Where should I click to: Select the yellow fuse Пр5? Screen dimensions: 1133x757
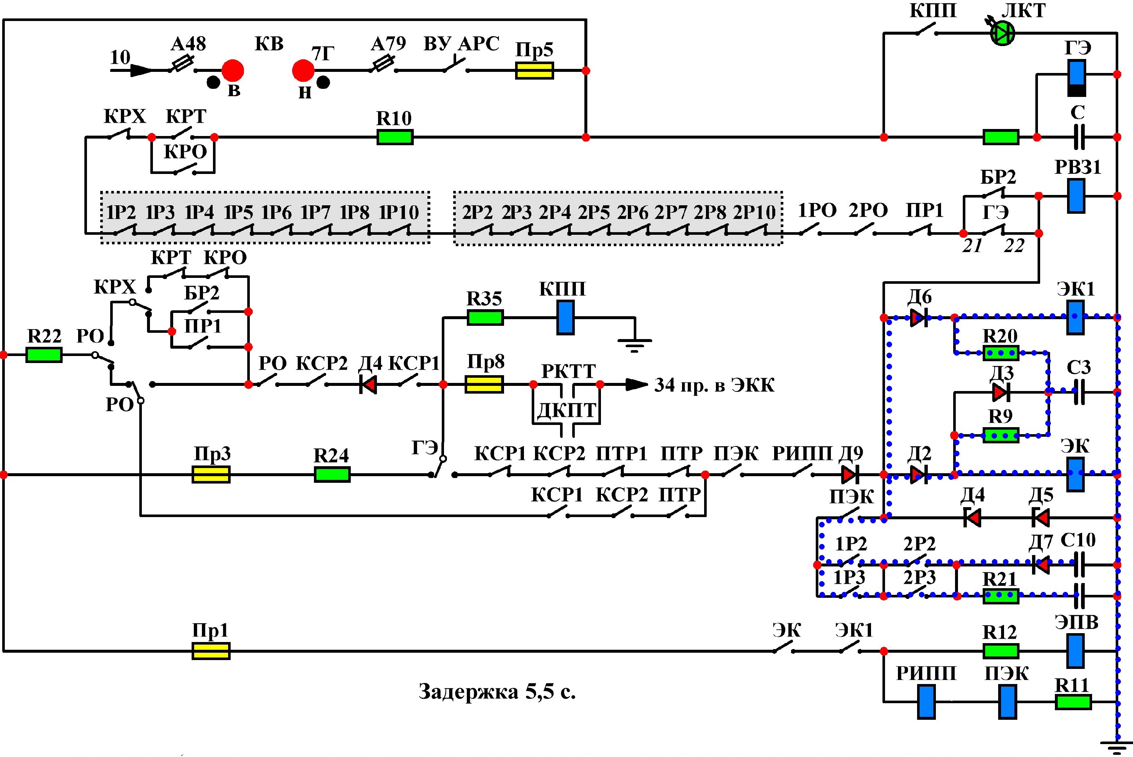coord(534,70)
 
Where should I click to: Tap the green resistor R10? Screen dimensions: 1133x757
coord(395,137)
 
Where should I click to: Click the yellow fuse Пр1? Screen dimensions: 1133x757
coord(211,651)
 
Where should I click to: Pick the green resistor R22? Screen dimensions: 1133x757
coord(44,355)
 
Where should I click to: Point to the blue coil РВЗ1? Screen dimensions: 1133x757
coord(1076,196)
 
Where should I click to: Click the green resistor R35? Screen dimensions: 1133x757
coord(485,318)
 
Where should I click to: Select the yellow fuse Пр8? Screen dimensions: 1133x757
coord(484,385)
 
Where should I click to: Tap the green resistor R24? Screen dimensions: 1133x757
coord(332,475)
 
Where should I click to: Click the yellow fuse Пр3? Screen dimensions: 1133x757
coord(211,475)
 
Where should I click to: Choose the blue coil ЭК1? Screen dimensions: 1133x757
coord(1076,318)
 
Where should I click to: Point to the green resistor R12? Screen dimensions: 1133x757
coord(1001,651)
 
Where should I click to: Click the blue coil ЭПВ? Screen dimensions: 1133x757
coord(1076,651)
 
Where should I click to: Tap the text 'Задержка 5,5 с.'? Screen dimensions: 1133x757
coord(497,691)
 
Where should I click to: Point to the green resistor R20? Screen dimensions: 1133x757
coord(1001,353)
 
